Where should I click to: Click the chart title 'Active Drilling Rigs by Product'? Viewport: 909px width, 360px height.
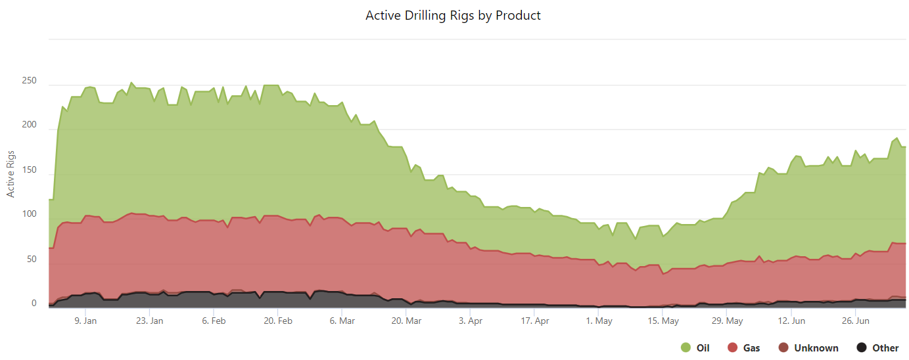pyautogui.click(x=453, y=15)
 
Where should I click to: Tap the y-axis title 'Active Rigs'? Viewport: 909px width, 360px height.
pyautogui.click(x=11, y=173)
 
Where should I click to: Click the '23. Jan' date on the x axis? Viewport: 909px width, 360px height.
pyautogui.click(x=150, y=321)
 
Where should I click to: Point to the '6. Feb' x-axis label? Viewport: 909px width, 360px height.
pyautogui.click(x=214, y=321)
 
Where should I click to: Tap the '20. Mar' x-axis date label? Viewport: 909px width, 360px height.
pyautogui.click(x=407, y=321)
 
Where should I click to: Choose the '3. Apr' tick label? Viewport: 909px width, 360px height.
pyautogui.click(x=471, y=321)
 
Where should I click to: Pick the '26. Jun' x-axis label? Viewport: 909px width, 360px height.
pyautogui.click(x=856, y=321)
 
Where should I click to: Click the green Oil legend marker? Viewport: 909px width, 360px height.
pyautogui.click(x=686, y=348)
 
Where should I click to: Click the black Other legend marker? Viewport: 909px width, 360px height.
pyautogui.click(x=862, y=348)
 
